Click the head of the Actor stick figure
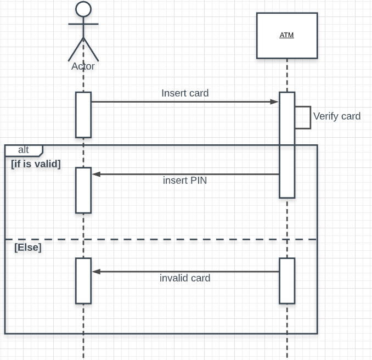[83, 9]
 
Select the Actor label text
[83, 66]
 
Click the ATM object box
[286, 36]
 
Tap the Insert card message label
[185, 93]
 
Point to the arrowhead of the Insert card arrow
[275, 102]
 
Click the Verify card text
[336, 116]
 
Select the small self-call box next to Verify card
[303, 117]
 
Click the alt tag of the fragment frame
[24, 150]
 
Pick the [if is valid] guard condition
[36, 164]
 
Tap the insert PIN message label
[185, 180]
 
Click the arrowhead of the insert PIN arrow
[96, 174]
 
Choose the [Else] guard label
[28, 247]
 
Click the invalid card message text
[185, 278]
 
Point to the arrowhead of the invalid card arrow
[96, 271]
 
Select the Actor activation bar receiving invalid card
[83, 280]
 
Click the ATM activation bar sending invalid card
[287, 280]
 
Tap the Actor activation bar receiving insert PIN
[83, 190]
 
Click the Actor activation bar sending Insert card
[83, 115]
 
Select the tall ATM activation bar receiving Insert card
[287, 144]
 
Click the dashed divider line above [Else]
[165, 239]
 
